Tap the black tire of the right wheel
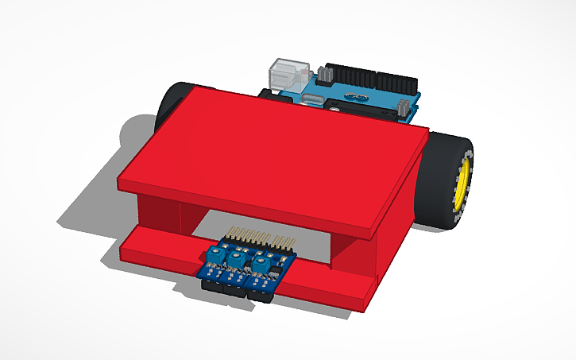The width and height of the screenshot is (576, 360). click(x=439, y=179)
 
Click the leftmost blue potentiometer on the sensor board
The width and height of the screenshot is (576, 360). click(x=213, y=256)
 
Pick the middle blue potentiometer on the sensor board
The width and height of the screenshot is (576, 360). click(x=236, y=260)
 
